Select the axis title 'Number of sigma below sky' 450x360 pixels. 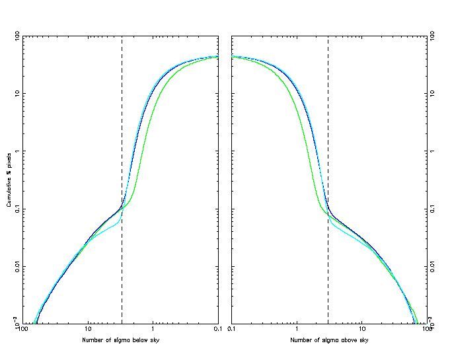pyautogui.click(x=121, y=340)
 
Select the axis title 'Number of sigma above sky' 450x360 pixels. pyautogui.click(x=329, y=340)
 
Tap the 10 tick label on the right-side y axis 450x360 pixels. pyautogui.click(x=435, y=93)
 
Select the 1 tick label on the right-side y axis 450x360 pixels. pyautogui.click(x=433, y=151)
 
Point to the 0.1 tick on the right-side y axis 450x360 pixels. pyautogui.click(x=435, y=209)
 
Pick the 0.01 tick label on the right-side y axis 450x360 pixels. pyautogui.click(x=436, y=266)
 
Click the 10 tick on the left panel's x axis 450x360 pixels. pyautogui.click(x=88, y=329)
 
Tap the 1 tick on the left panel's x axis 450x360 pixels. pyautogui.click(x=153, y=329)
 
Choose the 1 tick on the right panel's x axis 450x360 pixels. pyautogui.click(x=297, y=329)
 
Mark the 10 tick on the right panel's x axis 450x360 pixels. pyautogui.click(x=362, y=329)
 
